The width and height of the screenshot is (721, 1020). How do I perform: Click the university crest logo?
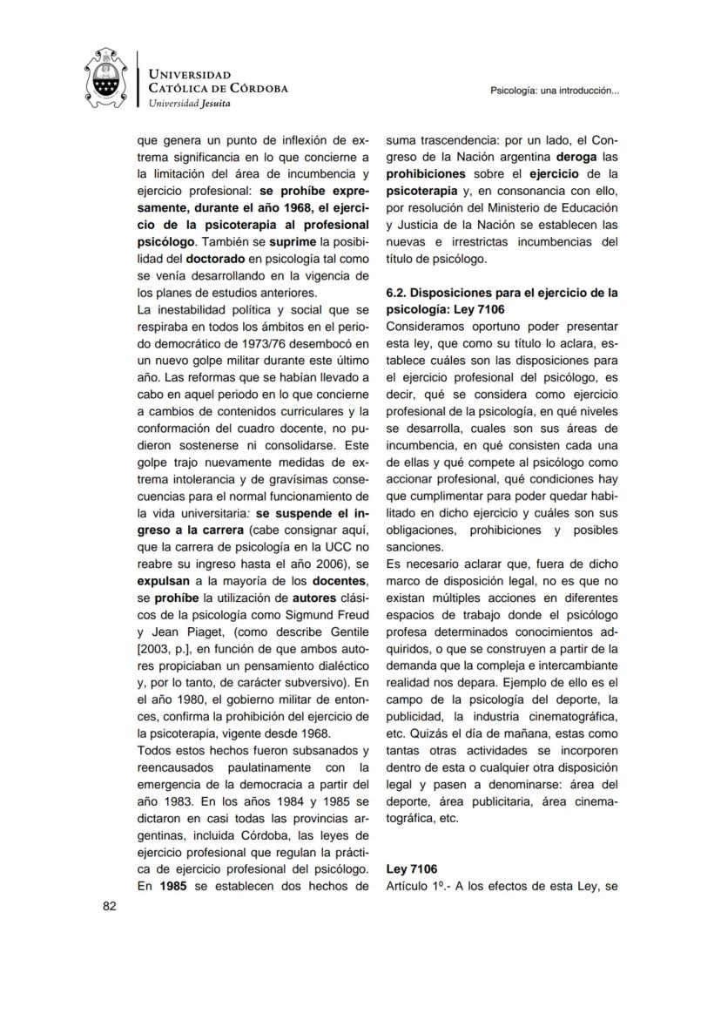(105, 79)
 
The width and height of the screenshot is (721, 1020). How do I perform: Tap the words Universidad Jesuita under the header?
(190, 104)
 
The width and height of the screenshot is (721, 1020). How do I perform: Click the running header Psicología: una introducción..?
(555, 90)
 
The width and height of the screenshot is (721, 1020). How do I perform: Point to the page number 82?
(110, 906)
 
